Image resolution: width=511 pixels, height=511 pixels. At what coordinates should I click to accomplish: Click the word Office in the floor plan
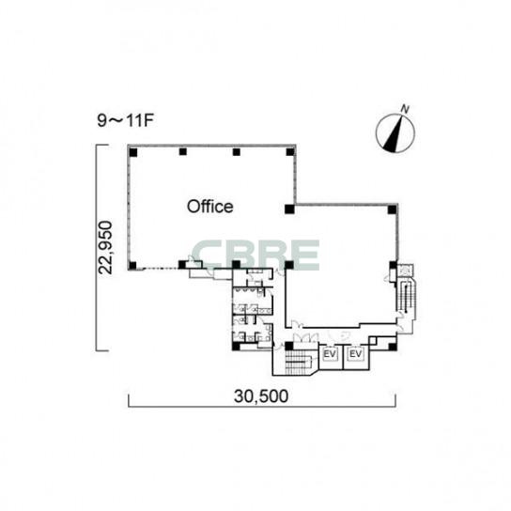[209, 207]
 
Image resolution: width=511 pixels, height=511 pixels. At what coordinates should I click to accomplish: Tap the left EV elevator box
[330, 353]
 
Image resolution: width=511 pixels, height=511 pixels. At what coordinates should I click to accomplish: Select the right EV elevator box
[356, 353]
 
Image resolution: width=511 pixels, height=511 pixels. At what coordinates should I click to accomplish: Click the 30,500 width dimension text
[261, 396]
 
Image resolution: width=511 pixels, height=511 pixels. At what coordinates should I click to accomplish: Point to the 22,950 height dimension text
[106, 248]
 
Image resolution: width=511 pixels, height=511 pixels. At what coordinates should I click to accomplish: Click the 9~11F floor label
[126, 120]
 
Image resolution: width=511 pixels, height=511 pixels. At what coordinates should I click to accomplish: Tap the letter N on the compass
[405, 109]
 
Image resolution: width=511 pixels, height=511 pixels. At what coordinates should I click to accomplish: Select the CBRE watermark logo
[255, 255]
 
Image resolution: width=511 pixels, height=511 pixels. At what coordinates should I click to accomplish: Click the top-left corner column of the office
[133, 152]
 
